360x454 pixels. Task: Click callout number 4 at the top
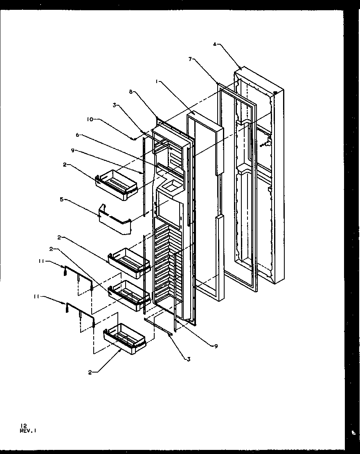pos(214,44)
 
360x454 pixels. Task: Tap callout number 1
pos(157,82)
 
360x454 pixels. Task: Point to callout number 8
pos(130,93)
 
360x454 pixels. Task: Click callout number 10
pos(90,119)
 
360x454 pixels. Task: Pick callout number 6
pos(77,135)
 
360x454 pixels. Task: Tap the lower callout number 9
pos(216,346)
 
